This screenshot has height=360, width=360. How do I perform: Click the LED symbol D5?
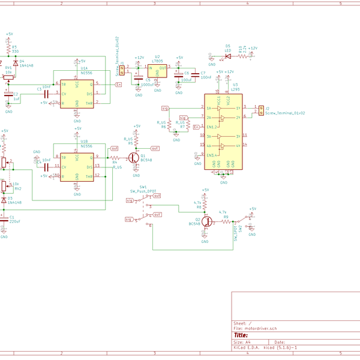click(x=228, y=57)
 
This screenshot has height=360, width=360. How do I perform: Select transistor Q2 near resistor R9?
click(x=206, y=221)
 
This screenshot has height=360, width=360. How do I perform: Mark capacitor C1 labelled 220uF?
click(x=5, y=220)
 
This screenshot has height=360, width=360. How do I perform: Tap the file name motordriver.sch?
click(x=256, y=329)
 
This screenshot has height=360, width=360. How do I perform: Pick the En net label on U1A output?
click(x=118, y=85)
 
